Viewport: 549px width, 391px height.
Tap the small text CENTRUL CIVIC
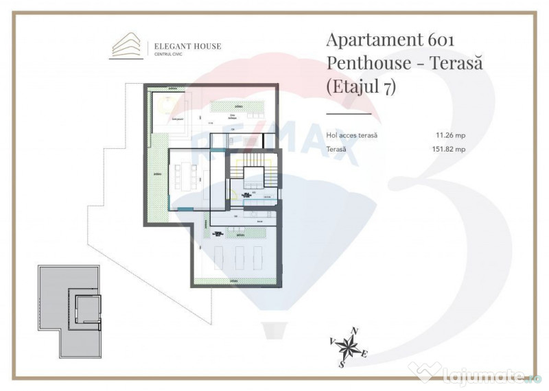pos(169,54)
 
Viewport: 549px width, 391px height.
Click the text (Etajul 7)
pos(362,87)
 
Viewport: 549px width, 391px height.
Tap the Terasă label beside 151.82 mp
pos(337,148)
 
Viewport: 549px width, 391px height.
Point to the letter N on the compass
pos(354,331)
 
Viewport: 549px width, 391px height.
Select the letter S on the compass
pos(340,364)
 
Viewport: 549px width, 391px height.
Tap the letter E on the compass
pos(365,354)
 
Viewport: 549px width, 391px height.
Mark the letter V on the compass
pos(331,340)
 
